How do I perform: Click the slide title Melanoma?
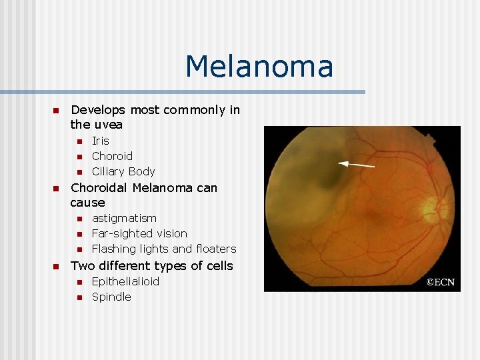click(x=259, y=67)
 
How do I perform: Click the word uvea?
click(x=107, y=125)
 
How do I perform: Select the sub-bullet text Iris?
click(x=100, y=141)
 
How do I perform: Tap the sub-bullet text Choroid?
click(x=112, y=156)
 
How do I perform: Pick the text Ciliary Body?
click(x=123, y=171)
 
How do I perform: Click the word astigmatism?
click(x=124, y=218)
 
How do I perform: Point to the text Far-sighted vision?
click(x=139, y=233)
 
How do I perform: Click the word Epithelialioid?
click(x=125, y=281)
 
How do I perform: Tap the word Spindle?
click(x=111, y=297)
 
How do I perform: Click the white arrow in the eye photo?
click(x=357, y=163)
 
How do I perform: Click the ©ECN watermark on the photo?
click(x=441, y=282)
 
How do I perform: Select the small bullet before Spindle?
click(x=78, y=297)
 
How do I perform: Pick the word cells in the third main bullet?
click(x=219, y=266)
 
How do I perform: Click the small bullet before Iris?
click(x=78, y=141)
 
